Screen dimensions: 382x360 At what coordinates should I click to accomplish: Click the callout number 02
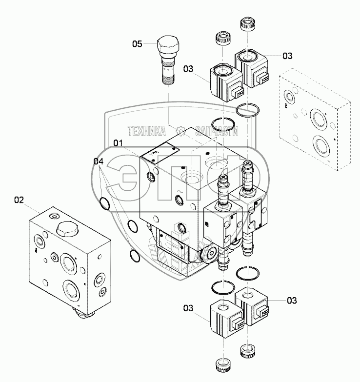click(19, 200)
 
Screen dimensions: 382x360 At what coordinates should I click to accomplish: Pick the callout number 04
click(99, 161)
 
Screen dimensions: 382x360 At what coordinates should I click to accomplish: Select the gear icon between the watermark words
click(181, 131)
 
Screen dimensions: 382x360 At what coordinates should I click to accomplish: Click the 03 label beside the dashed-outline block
click(287, 56)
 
